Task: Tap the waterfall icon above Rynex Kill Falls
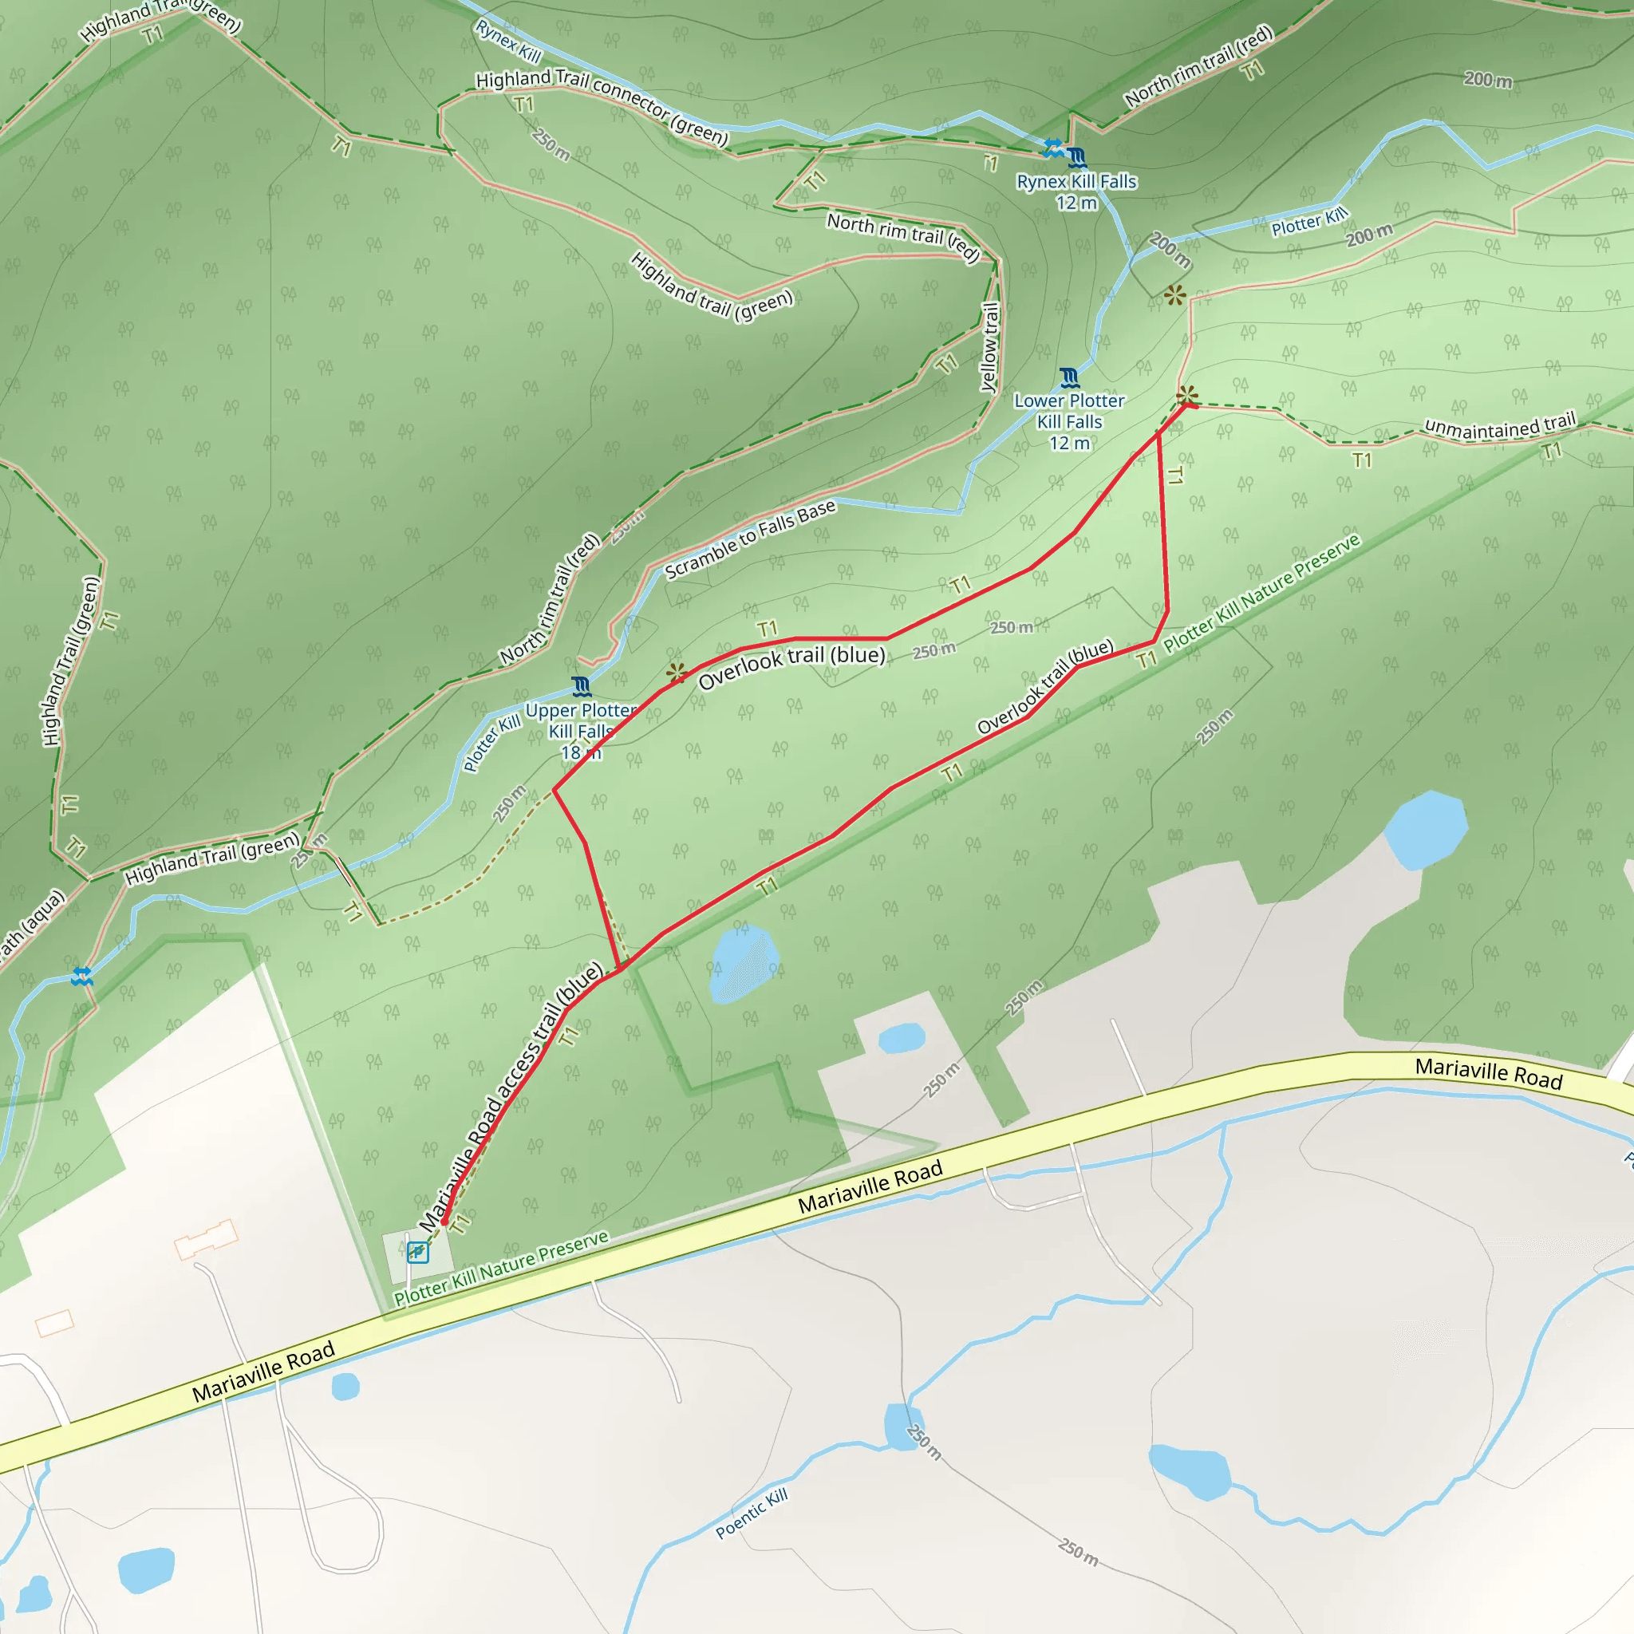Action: coord(1076,157)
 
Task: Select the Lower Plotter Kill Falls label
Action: coord(1069,421)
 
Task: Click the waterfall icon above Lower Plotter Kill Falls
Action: coord(1069,377)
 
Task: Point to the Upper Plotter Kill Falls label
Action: coord(580,731)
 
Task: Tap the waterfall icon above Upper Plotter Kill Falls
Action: coord(581,685)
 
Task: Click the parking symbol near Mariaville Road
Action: coord(417,1252)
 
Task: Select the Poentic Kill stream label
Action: coord(751,1512)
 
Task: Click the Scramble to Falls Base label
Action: coord(750,539)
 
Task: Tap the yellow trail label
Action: coord(989,347)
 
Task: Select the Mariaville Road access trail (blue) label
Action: coord(511,1097)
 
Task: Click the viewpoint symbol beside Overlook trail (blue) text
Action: coord(677,673)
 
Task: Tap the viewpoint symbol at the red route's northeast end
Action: coord(1187,395)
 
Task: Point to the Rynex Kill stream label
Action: coord(507,41)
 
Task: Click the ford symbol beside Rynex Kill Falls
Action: coord(1054,148)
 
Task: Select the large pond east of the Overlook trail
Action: coord(1425,830)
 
